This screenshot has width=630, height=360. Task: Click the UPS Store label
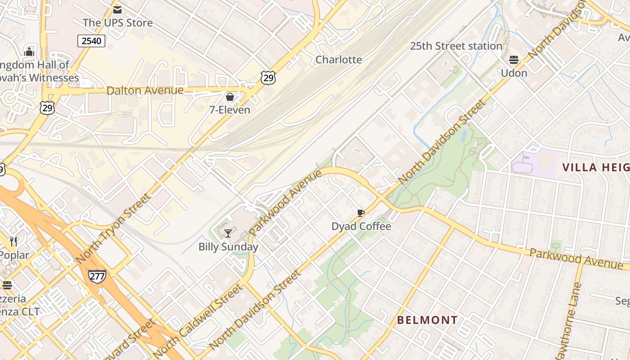117,22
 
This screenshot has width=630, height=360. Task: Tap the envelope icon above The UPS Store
117,9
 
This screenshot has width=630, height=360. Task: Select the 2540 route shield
91,41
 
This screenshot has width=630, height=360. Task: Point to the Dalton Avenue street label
145,90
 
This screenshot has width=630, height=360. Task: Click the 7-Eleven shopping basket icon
230,97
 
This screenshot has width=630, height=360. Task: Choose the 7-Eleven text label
229,110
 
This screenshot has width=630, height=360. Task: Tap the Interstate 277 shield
97,276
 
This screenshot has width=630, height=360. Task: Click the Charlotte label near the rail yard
338,59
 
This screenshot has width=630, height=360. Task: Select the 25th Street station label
456,46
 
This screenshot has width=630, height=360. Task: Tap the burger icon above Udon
514,60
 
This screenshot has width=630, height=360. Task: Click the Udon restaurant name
514,73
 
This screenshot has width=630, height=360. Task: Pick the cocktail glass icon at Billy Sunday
228,233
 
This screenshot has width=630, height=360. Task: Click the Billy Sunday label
228,247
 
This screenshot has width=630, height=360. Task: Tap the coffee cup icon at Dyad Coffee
360,213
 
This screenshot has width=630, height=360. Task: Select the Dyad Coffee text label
361,226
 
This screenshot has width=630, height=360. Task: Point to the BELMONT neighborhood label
427,320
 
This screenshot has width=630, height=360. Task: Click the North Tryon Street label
114,229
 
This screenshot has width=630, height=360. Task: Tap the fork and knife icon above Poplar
13,242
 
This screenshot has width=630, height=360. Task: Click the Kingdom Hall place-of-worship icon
29,52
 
